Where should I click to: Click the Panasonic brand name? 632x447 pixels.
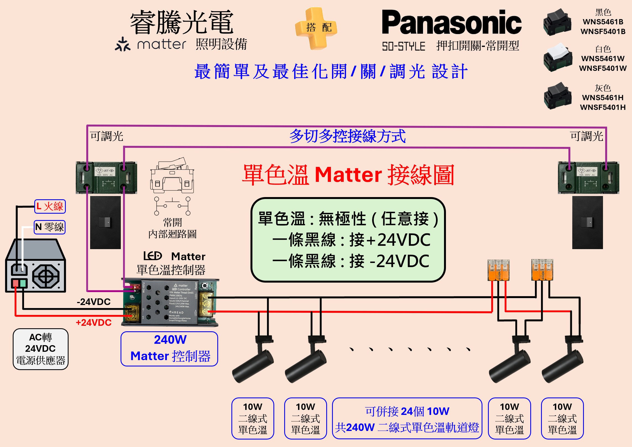click(451, 23)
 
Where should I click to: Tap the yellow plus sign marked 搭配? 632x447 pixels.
click(316, 28)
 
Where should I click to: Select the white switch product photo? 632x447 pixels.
click(557, 57)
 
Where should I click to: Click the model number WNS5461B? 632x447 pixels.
click(603, 22)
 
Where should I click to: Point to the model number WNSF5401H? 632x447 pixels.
click(603, 107)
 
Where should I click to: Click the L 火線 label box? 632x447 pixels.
click(50, 206)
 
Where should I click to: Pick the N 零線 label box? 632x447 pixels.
click(50, 227)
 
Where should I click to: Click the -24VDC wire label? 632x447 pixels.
click(94, 302)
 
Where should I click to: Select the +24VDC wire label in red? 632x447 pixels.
click(94, 322)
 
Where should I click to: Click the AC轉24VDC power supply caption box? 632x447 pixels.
click(41, 349)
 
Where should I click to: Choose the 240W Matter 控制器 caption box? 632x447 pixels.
click(169, 349)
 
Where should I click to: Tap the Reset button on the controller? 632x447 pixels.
click(205, 286)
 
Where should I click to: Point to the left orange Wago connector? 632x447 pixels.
click(498, 270)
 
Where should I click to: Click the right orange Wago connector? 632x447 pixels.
click(542, 270)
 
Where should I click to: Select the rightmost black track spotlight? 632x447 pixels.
click(562, 363)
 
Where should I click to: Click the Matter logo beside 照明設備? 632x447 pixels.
click(151, 44)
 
